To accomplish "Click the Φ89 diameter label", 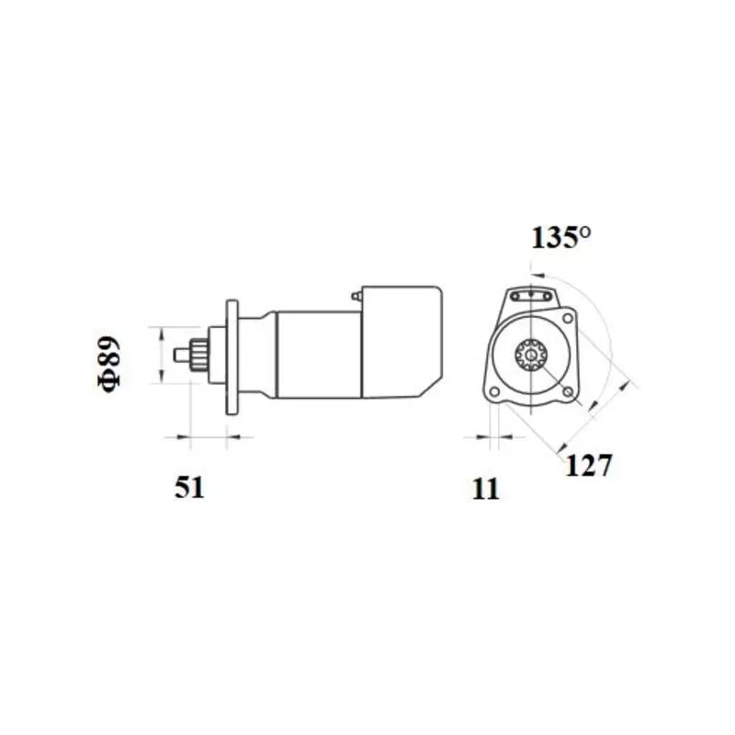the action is [109, 364].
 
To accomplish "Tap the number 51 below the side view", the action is [189, 487].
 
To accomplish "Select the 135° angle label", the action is [560, 237].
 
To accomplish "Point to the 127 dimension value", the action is [589, 465].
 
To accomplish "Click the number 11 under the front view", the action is [486, 490].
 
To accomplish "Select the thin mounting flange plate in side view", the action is [232, 357].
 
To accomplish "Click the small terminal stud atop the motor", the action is [356, 296].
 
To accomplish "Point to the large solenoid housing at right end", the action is [401, 342].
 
